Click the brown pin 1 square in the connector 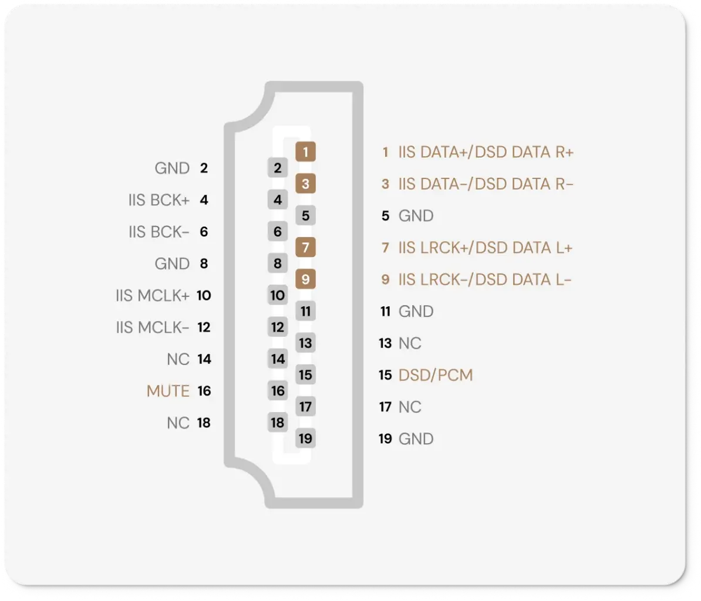(x=305, y=152)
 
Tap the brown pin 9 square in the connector (x=305, y=279)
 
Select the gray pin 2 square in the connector (x=278, y=168)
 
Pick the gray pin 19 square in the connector (x=305, y=439)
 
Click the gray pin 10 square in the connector (x=278, y=295)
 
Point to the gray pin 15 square (x=305, y=375)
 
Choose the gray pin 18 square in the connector (x=278, y=423)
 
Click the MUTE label (x=168, y=391)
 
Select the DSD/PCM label (x=436, y=375)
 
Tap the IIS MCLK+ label (x=153, y=295)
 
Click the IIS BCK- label (x=159, y=232)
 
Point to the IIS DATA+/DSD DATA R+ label (x=486, y=152)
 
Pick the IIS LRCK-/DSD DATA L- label (x=485, y=279)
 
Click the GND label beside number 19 (x=416, y=439)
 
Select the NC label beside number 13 (x=410, y=343)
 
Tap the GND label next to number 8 (x=172, y=264)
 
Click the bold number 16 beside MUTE (x=204, y=391)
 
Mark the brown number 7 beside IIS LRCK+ (x=385, y=248)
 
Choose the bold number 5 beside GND (x=385, y=216)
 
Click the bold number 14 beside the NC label (x=204, y=359)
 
